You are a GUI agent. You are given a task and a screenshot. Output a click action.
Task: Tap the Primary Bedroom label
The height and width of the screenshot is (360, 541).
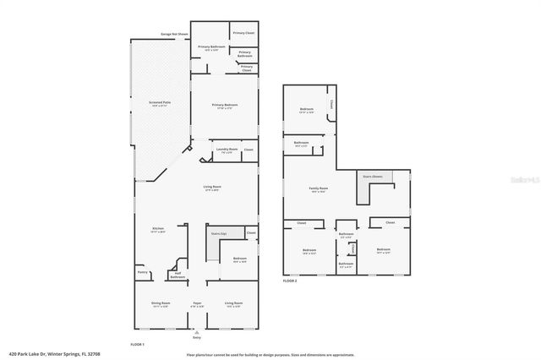click(224, 106)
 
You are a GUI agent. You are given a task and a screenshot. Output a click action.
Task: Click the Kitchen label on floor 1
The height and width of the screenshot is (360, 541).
click(157, 229)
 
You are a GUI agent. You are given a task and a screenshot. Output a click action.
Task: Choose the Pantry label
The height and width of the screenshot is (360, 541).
click(142, 272)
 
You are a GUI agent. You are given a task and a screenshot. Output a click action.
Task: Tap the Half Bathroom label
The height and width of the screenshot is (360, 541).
click(178, 275)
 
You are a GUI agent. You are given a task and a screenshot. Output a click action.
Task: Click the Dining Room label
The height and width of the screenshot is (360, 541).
click(160, 303)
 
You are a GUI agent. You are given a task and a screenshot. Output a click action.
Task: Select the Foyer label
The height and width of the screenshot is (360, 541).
click(196, 303)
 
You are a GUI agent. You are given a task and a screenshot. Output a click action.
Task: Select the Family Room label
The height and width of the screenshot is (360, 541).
click(319, 189)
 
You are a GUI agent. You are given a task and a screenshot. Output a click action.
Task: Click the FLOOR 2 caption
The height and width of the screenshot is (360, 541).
click(290, 279)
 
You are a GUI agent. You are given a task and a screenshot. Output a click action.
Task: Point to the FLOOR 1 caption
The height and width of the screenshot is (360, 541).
click(137, 345)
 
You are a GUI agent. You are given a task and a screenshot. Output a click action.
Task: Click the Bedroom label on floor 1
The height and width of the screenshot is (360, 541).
click(239, 259)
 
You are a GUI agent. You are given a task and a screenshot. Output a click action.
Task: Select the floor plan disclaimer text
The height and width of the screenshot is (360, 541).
click(258, 355)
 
